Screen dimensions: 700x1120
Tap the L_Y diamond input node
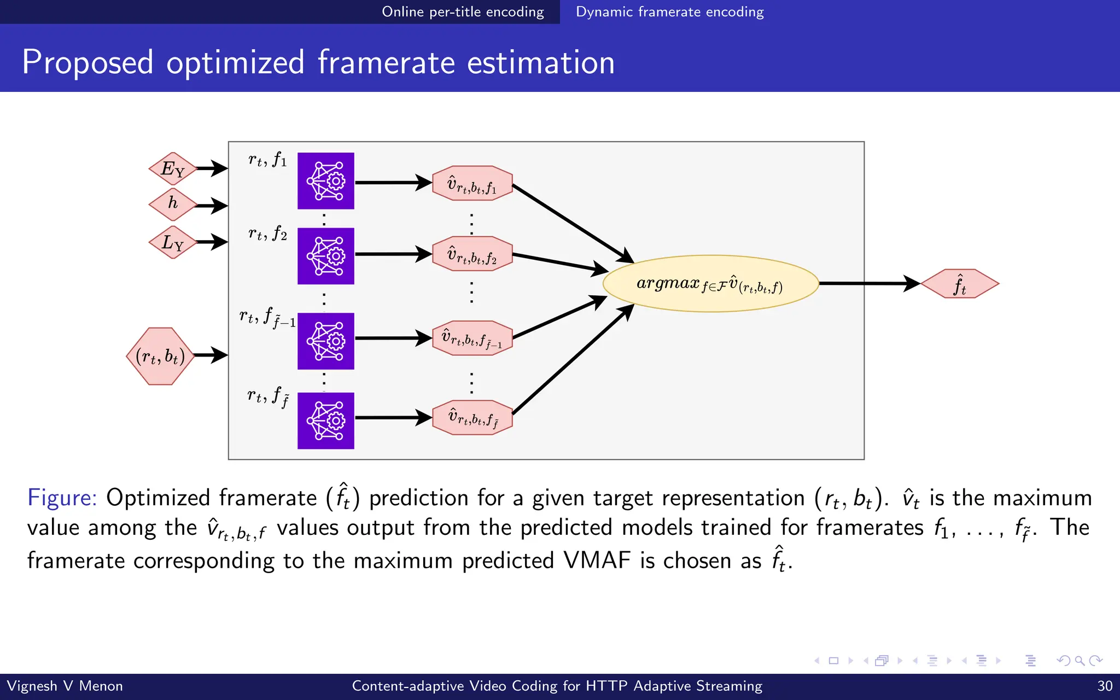[x=173, y=242]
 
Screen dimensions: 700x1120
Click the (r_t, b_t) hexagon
[x=160, y=356]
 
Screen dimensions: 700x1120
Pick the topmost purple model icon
[x=326, y=181]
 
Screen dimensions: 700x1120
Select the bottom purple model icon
[x=326, y=421]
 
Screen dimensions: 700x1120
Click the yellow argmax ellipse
[x=710, y=283]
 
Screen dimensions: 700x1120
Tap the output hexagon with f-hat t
[x=960, y=284]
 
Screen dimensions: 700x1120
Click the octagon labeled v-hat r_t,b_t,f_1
[x=472, y=183]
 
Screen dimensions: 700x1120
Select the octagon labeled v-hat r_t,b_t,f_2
[x=472, y=254]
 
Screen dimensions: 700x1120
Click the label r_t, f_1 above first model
[x=267, y=160]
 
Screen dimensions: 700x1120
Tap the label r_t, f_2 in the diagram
[x=267, y=234]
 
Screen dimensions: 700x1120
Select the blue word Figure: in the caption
[x=62, y=498]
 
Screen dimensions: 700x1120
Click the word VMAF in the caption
[x=597, y=561]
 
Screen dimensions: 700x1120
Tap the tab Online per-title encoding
[x=463, y=11]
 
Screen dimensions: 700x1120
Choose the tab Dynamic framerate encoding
[x=669, y=11]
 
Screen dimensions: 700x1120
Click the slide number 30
[x=1105, y=686]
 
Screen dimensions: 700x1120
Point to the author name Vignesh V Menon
[x=65, y=686]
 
